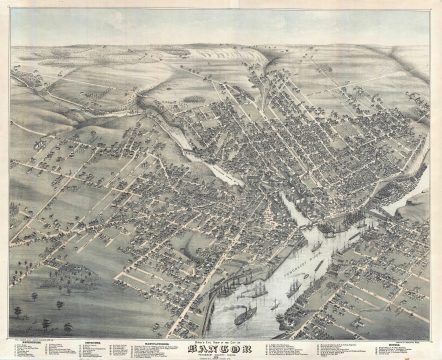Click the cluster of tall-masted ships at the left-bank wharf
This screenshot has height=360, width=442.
[255, 290]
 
